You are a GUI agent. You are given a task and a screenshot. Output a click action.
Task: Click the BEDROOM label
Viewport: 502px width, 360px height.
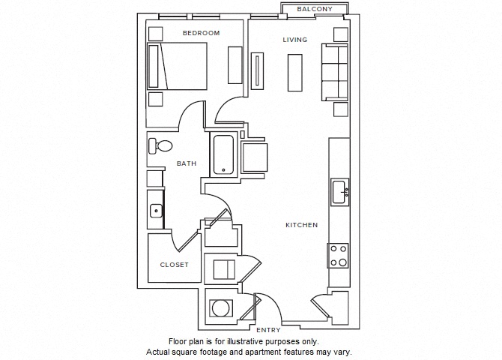point(201,33)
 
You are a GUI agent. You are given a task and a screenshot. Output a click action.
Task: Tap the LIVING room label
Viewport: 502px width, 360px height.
point(295,40)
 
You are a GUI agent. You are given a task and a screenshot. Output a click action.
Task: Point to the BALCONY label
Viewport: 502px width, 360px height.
point(315,9)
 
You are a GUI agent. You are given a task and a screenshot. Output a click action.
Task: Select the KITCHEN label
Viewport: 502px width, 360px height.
point(302,225)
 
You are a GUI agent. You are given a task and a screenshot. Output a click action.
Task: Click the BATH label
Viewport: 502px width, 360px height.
point(187,163)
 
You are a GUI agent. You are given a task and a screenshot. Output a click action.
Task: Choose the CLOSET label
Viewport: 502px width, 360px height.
point(174,265)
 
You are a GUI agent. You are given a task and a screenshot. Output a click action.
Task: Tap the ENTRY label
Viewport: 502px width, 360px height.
point(268,330)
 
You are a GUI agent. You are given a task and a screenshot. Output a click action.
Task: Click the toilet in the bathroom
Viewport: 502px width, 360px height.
point(160,146)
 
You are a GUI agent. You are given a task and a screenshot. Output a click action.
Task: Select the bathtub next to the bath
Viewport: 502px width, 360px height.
point(223,154)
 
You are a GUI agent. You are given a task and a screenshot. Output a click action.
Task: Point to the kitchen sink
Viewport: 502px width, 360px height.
point(339,192)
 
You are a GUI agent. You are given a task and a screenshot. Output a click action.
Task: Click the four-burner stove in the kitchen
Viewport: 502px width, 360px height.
point(338,256)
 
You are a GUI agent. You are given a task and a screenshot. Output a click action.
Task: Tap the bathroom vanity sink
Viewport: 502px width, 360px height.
point(156,211)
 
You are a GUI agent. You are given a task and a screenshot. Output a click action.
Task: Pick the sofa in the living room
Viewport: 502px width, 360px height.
point(335,73)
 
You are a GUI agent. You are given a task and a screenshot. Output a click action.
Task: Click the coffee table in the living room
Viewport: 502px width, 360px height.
point(295,73)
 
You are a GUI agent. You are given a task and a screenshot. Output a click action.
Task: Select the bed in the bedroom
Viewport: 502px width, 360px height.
point(177,66)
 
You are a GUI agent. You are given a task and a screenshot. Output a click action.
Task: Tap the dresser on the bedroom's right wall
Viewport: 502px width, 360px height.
point(235,65)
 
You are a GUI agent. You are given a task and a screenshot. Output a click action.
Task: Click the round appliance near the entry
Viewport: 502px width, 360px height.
point(221,308)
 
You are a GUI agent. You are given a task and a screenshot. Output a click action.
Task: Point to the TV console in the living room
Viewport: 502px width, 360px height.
point(257,70)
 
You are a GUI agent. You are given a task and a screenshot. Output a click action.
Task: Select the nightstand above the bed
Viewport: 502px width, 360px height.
point(156,34)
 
